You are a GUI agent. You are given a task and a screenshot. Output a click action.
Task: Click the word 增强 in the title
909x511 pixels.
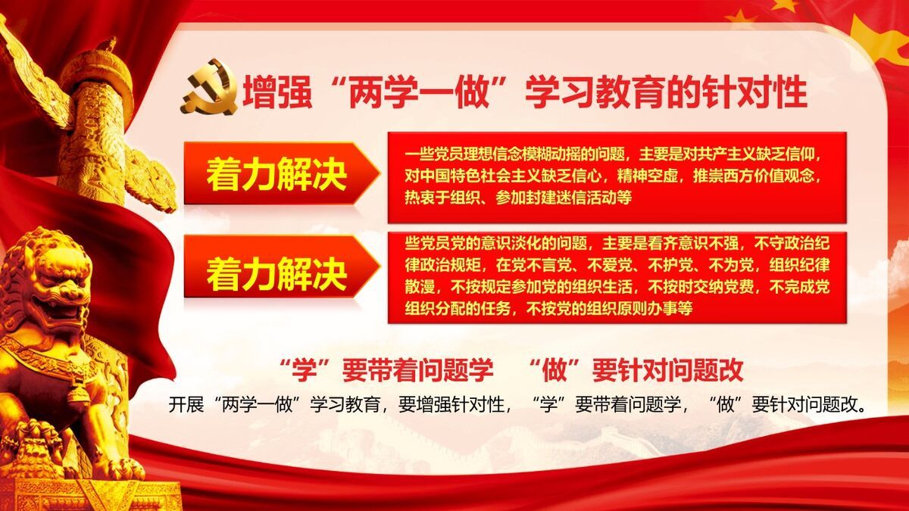269,93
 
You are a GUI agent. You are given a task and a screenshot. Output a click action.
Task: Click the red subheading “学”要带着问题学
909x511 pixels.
386,370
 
